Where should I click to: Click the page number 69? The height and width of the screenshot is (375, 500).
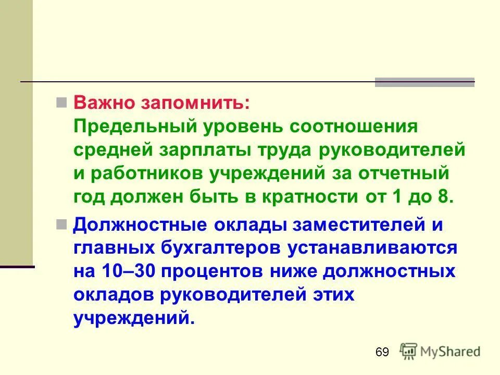(x=382, y=353)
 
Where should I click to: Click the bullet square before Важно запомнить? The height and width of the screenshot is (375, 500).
(x=61, y=101)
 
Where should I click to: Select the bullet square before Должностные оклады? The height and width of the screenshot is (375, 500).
(x=61, y=224)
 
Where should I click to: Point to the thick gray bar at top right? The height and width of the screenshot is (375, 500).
(x=424, y=82)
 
